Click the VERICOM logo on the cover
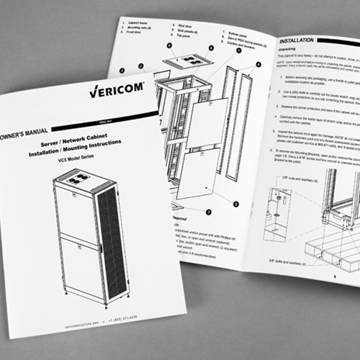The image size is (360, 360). [x=117, y=92]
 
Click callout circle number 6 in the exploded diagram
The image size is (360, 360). [x=168, y=45]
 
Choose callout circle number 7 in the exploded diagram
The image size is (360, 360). [x=209, y=212]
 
